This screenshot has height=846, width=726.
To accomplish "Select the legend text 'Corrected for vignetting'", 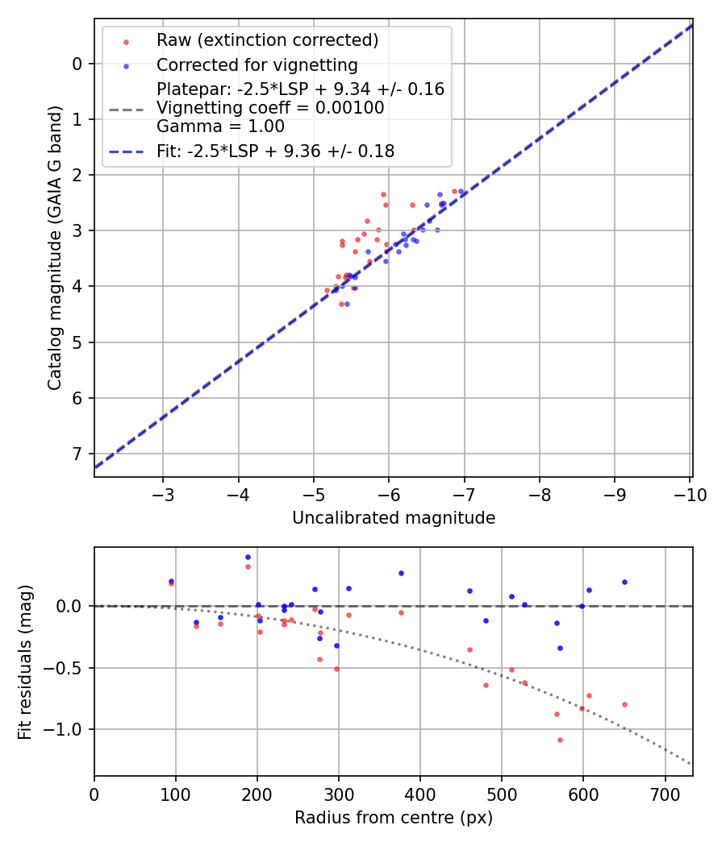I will click(257, 64).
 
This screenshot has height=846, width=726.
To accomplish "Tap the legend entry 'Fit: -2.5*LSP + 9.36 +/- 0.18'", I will click(275, 151).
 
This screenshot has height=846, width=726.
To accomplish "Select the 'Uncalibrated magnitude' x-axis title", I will click(394, 518).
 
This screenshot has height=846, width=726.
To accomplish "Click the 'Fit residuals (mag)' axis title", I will click(25, 661).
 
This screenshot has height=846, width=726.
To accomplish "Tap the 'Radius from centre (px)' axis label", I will click(394, 818).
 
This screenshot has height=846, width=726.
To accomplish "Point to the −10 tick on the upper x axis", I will click(691, 494).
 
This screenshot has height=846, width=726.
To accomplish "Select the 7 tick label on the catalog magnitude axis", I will click(77, 454).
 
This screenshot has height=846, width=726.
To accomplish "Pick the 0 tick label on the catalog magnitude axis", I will click(77, 64).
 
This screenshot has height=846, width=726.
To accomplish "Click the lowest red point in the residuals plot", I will click(560, 740).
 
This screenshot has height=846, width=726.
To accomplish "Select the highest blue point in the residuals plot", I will click(248, 557).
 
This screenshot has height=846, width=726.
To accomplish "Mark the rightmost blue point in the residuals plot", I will click(624, 582).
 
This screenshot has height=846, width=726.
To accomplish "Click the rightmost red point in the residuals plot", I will click(624, 704).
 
